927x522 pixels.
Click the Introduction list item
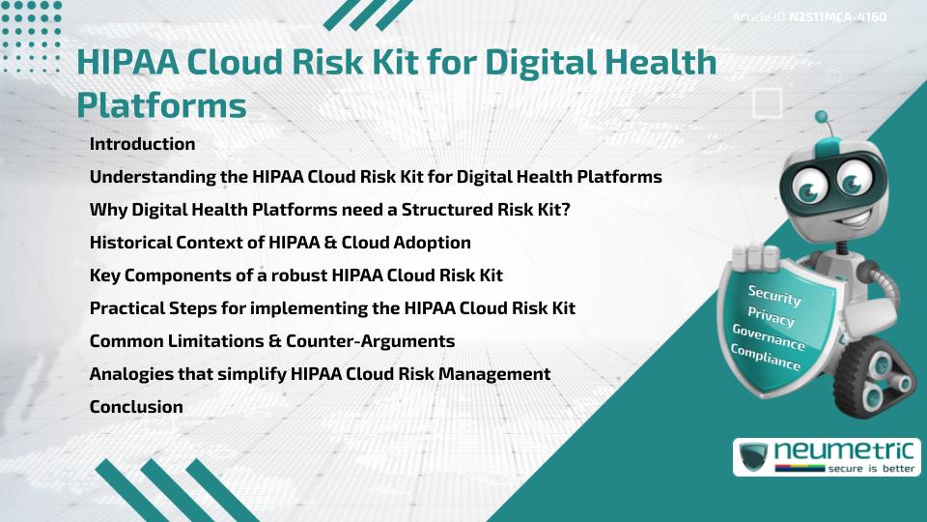(142, 144)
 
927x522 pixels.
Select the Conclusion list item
(136, 407)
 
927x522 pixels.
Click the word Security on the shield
(774, 297)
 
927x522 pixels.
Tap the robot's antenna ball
(823, 118)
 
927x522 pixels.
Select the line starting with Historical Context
(280, 243)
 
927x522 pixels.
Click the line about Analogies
(320, 374)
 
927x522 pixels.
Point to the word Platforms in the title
(161, 104)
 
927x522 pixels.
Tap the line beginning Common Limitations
(272, 341)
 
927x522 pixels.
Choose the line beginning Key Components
(295, 275)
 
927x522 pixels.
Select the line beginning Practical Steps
(332, 308)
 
